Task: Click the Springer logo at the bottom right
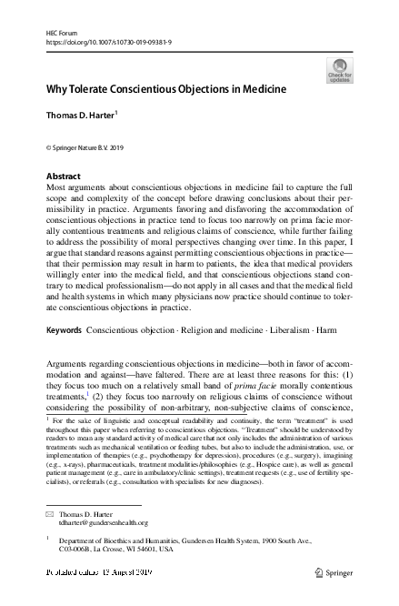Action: point(333,575)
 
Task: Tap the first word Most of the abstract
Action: point(55,186)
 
